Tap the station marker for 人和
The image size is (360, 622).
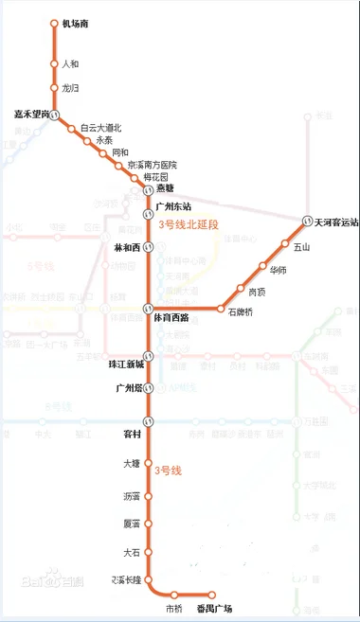pos(55,65)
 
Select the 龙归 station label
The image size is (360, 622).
pos(70,88)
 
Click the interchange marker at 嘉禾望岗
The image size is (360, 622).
pos(55,115)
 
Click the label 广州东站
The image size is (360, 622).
pos(173,204)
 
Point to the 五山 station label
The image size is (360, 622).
pos(302,247)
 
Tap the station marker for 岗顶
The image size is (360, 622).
pos(241,288)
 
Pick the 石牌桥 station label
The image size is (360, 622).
pos(243,311)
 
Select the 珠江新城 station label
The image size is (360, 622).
pos(125,364)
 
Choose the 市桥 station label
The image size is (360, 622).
pos(174,609)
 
